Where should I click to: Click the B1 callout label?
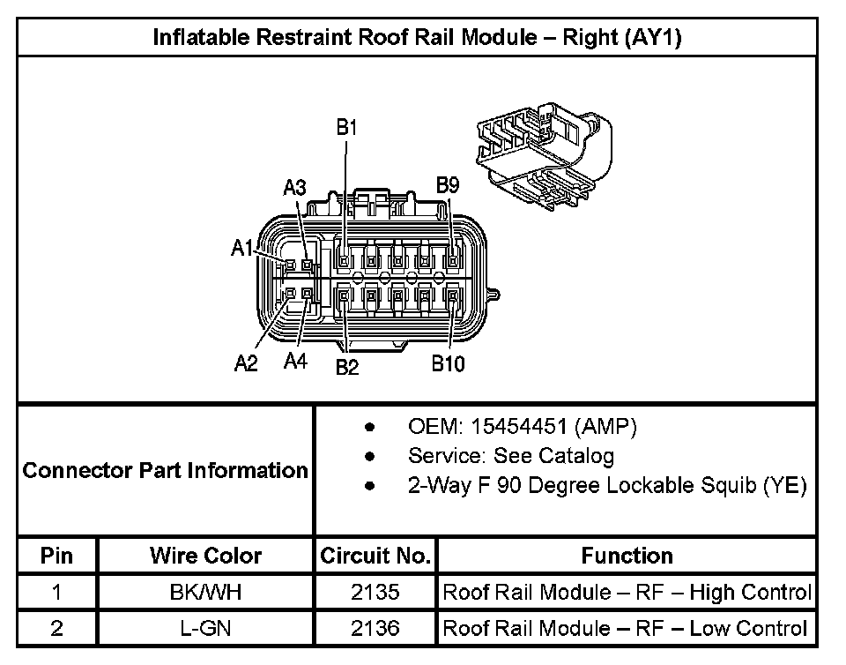point(347,127)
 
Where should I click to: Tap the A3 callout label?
point(294,188)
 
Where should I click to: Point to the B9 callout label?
point(449,185)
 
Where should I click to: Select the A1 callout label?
point(242,249)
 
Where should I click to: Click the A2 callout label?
point(246,363)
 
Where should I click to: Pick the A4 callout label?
point(295,362)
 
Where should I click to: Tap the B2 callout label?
point(347,367)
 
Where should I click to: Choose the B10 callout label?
point(448,364)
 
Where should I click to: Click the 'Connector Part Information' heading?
point(166,470)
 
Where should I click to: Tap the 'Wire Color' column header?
point(205,556)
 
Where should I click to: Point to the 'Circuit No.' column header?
point(375,556)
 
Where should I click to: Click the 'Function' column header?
point(627,556)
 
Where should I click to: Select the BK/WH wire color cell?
point(205,592)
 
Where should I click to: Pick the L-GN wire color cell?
point(205,628)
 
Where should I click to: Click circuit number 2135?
point(375,592)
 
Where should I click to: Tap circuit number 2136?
point(375,628)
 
